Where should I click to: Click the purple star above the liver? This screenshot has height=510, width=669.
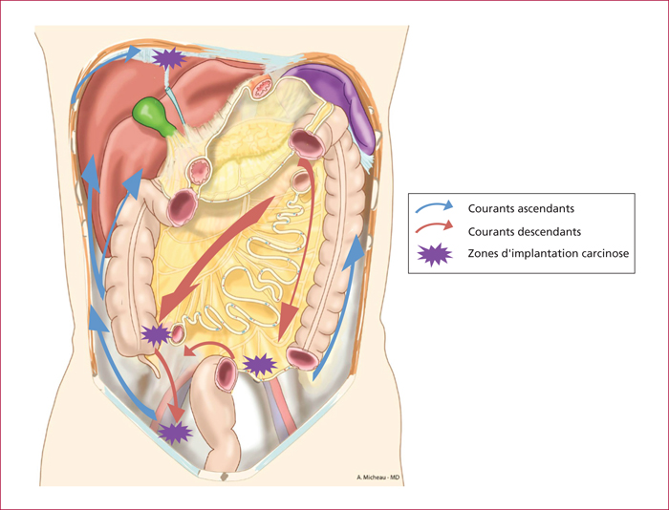(169, 58)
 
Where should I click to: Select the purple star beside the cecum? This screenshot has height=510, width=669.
(156, 334)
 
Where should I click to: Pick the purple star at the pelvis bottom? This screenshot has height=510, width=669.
(175, 433)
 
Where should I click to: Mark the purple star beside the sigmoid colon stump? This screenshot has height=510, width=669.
(260, 365)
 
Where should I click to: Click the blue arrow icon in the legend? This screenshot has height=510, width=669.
(434, 206)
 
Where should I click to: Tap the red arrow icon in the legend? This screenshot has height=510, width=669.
(434, 226)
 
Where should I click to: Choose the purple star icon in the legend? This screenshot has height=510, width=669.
(434, 255)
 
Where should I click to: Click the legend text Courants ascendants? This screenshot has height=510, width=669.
(521, 208)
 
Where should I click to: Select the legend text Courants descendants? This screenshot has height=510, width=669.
(525, 231)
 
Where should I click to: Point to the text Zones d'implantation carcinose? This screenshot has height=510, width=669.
(549, 253)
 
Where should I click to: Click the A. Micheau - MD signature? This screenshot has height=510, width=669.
(378, 478)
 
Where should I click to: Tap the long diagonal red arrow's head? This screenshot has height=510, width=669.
(174, 302)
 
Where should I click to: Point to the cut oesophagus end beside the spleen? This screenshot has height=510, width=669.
(261, 87)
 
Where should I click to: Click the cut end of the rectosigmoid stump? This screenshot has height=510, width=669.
(226, 374)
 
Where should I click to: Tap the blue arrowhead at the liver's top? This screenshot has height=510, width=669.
(133, 53)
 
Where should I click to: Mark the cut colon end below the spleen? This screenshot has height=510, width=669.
(307, 144)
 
